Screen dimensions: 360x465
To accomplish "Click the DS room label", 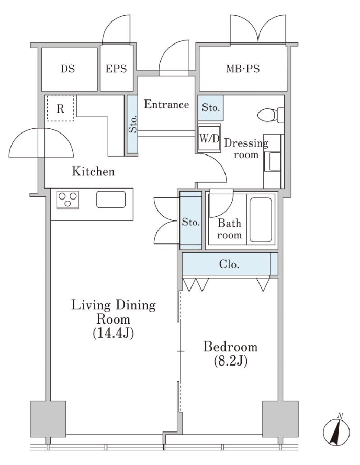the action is (x=68, y=69).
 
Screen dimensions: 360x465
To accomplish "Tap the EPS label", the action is (x=116, y=69).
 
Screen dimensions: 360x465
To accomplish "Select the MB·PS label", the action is (x=243, y=69).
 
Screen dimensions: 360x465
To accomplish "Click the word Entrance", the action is (x=166, y=104).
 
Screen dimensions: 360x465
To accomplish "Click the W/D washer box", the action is (x=209, y=138).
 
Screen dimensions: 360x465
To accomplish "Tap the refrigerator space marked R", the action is (x=61, y=108).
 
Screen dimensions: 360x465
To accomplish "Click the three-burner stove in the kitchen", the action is (x=67, y=200).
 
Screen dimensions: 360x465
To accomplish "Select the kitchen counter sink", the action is (x=111, y=200).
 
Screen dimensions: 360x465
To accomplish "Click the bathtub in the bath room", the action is (x=261, y=220).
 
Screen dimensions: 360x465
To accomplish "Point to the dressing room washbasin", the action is (x=273, y=161).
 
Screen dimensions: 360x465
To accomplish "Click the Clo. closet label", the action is (x=229, y=264).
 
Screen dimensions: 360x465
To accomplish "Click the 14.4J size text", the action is (x=114, y=334).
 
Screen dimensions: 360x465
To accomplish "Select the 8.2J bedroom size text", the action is (x=231, y=361).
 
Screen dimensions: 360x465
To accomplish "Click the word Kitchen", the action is (x=93, y=171).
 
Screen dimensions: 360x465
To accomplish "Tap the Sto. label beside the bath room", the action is (x=191, y=222).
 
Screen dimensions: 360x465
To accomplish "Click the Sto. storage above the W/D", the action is (x=211, y=108).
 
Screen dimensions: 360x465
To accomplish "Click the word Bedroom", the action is (x=230, y=347).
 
